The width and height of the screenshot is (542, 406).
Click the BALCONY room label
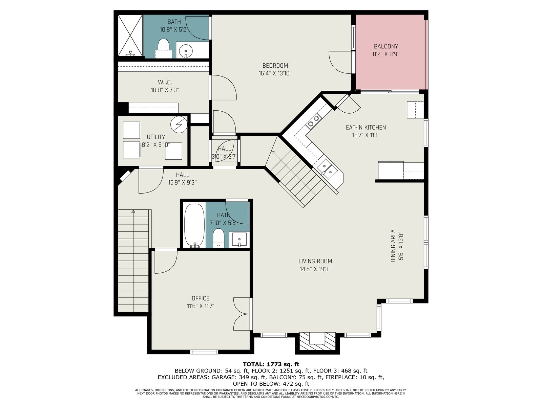pyautogui.click(x=386, y=46)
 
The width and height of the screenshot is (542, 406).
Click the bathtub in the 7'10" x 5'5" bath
pyautogui.click(x=194, y=225)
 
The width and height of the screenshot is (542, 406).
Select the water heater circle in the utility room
pyautogui.click(x=179, y=125)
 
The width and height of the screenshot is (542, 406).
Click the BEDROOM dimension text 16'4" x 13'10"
pyautogui.click(x=275, y=73)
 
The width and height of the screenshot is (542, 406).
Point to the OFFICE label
pyautogui.click(x=201, y=298)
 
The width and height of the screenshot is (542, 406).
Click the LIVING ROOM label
pyautogui.click(x=315, y=261)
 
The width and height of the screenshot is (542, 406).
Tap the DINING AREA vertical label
pyautogui.click(x=393, y=246)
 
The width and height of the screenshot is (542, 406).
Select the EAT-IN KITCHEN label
pyautogui.click(x=366, y=128)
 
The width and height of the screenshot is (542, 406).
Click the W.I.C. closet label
pyautogui.click(x=165, y=82)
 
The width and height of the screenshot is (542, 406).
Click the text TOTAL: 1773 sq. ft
pyautogui.click(x=271, y=364)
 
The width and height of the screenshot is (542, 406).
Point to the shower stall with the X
pyautogui.click(x=130, y=35)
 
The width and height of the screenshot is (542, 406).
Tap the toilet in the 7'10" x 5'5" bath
pyautogui.click(x=218, y=238)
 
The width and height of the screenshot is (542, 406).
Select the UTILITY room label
pyautogui.click(x=156, y=137)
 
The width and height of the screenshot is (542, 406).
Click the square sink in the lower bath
pyautogui.click(x=239, y=239)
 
